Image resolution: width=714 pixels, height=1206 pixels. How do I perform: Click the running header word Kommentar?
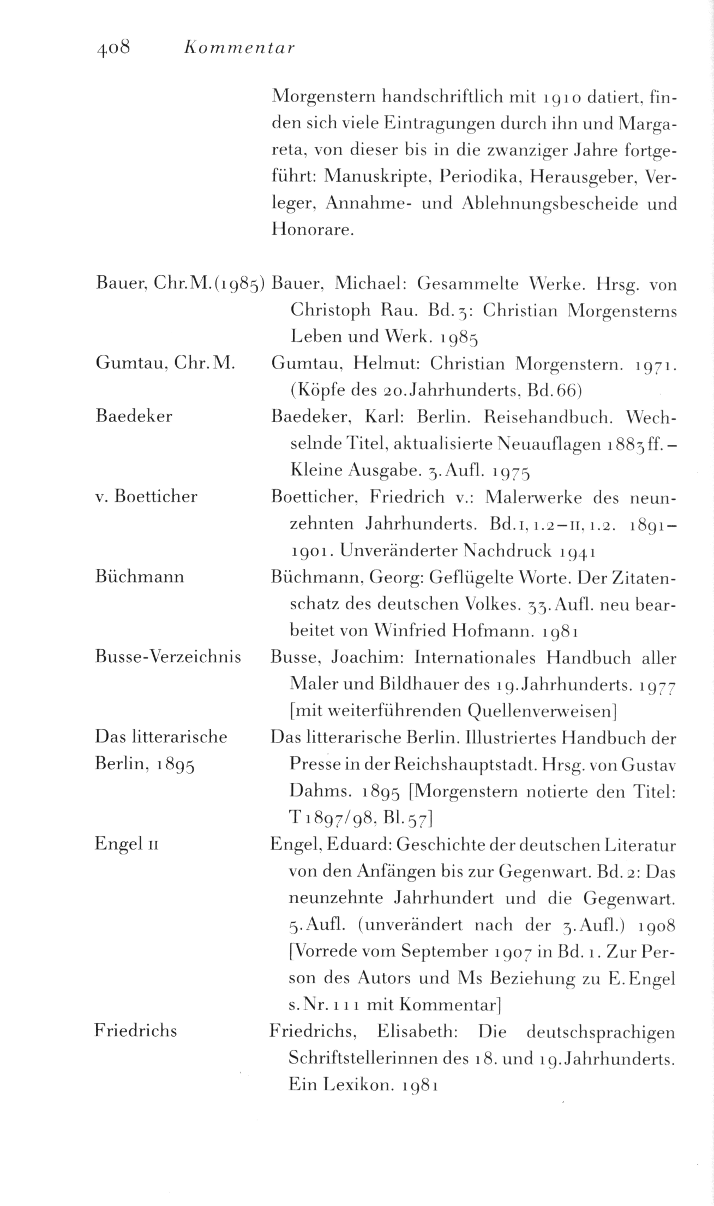pyautogui.click(x=239, y=48)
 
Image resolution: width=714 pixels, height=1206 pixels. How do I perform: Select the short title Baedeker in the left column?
pyautogui.click(x=134, y=417)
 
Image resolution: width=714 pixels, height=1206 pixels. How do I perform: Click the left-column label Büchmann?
pyautogui.click(x=140, y=577)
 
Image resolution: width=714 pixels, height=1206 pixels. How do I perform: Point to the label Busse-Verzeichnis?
pyautogui.click(x=168, y=657)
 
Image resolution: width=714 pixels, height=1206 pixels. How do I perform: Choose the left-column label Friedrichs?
pyautogui.click(x=136, y=1031)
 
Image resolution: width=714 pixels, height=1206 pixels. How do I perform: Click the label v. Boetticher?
pyautogui.click(x=146, y=497)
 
